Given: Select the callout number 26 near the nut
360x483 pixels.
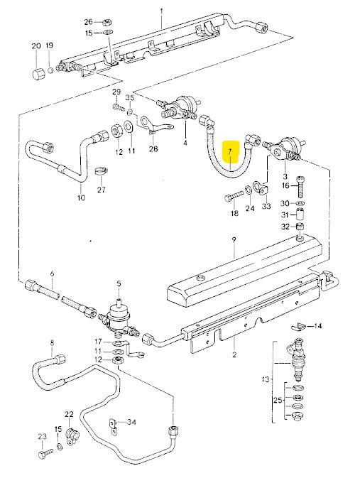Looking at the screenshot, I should click(x=88, y=21).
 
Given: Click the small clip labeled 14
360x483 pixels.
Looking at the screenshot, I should click(x=300, y=327).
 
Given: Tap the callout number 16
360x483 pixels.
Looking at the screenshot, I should click(x=285, y=185).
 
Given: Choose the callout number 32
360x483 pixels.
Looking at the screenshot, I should click(x=285, y=227).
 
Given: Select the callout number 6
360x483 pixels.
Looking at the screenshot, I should click(x=51, y=273).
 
